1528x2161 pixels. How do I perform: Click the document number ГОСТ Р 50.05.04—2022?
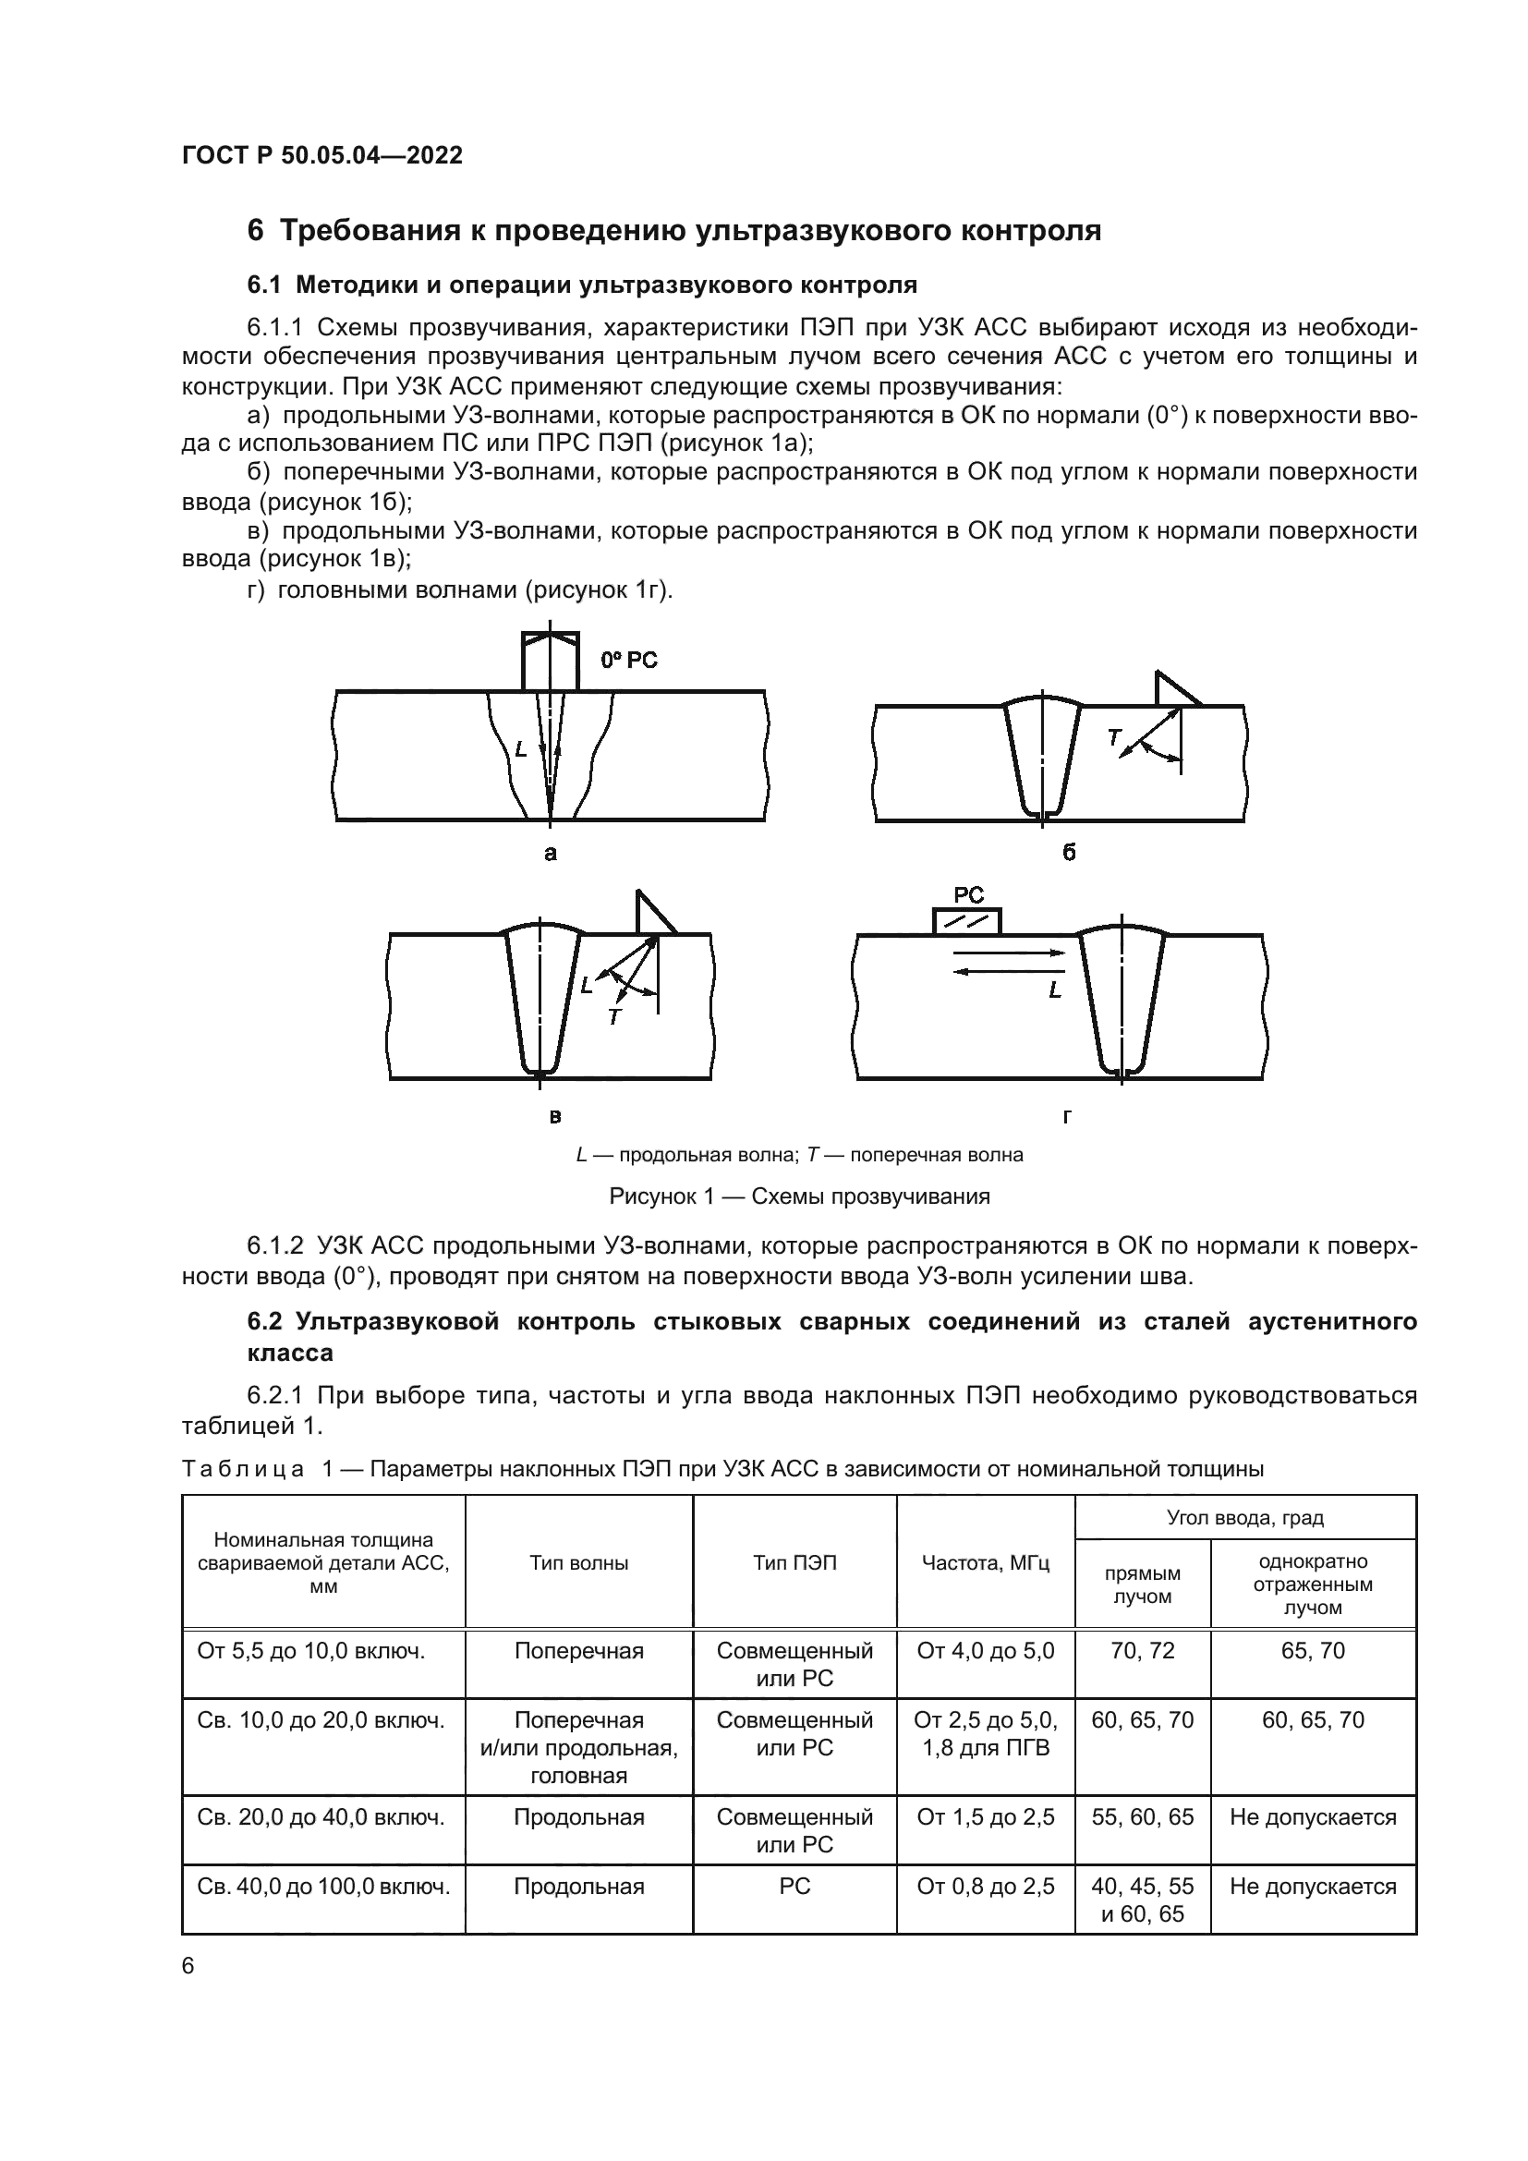[x=321, y=156]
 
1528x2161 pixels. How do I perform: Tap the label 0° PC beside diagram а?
[x=628, y=661]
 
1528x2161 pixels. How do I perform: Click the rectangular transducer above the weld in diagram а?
[x=551, y=662]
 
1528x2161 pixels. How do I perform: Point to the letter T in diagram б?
[x=1114, y=738]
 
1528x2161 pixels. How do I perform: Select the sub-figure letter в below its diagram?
[x=555, y=1117]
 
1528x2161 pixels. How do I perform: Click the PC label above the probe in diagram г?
[x=968, y=896]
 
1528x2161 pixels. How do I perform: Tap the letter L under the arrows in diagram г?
[x=1055, y=991]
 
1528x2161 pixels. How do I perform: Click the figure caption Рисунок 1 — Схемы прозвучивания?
[x=799, y=1196]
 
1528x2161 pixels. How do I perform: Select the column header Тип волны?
[x=578, y=1563]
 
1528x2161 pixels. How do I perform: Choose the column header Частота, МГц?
[x=985, y=1563]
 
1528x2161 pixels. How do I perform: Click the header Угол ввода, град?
[x=1244, y=1517]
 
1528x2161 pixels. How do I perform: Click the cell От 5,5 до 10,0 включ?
[x=311, y=1651]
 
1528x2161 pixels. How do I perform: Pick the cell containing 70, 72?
[x=1142, y=1651]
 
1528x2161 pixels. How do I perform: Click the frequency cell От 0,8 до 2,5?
[x=985, y=1887]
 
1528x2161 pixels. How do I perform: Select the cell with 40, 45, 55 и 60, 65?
[x=1142, y=1900]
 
